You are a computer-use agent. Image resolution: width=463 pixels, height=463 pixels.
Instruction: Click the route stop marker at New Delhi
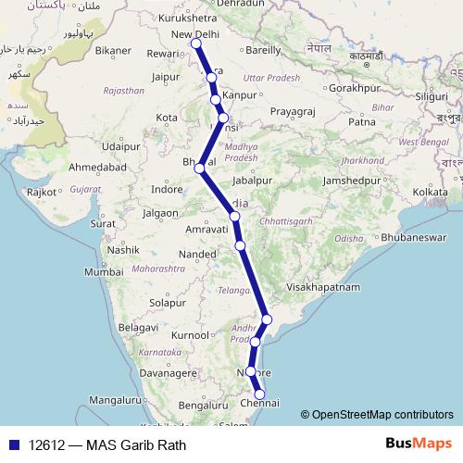pos(195,44)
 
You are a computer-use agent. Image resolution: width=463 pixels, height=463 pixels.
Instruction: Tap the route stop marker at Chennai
pos(260,394)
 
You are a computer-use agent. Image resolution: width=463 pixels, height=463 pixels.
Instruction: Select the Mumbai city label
pos(103,272)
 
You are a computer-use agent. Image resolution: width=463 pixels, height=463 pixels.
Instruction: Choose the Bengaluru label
pos(204,405)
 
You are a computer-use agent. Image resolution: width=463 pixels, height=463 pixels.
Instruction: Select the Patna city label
pos(361,121)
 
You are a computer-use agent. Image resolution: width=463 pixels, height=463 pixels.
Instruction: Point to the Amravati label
pos(206,228)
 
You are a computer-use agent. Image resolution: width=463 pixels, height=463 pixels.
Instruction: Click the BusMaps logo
pos(418,444)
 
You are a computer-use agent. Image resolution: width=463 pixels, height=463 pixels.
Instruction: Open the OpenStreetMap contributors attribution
pos(382,415)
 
